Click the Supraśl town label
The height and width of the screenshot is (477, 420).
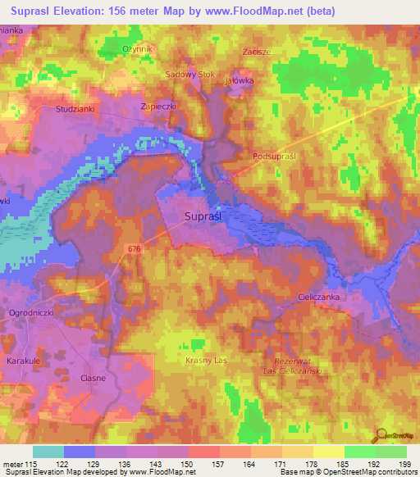[x=204, y=216]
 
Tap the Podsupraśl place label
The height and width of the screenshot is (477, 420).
[x=276, y=155]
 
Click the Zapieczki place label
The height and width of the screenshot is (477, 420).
[x=159, y=107]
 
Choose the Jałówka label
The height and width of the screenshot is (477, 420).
[x=240, y=81]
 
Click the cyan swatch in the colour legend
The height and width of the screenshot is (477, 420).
[x=48, y=452]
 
